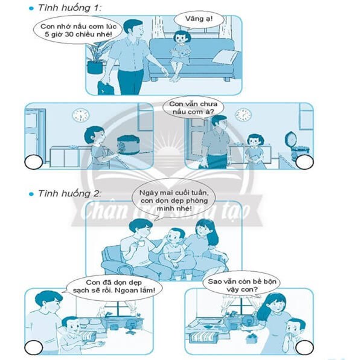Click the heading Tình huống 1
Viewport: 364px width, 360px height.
point(69,8)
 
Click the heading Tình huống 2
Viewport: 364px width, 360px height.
point(69,193)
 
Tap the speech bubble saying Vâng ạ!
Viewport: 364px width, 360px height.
point(199,20)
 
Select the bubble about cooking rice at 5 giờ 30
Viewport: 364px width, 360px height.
point(78,30)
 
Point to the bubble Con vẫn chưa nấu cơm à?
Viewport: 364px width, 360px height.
point(193,108)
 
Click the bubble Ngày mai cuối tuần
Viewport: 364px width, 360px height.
point(174,200)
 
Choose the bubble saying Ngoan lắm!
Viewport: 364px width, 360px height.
point(114,286)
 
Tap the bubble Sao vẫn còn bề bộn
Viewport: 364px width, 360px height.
point(242,286)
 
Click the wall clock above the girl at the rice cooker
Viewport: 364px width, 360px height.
point(81,115)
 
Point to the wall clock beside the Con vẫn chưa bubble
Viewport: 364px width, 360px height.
point(243,115)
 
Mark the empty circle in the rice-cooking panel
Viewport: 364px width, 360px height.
point(33,162)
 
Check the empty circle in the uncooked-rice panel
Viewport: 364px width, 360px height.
point(305,162)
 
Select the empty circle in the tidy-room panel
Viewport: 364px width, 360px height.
point(33,347)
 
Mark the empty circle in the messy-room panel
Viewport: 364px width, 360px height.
point(305,347)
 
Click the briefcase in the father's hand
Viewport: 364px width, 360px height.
point(106,88)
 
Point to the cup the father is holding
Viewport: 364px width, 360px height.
point(141,243)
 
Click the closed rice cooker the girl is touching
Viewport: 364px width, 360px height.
point(129,146)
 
